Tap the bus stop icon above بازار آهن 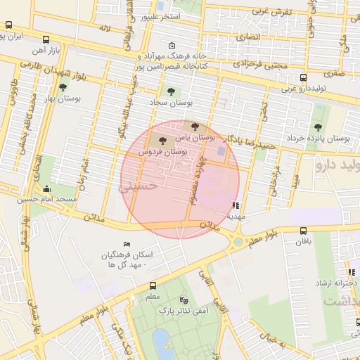point(46,40)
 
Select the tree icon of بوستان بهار point(63,88)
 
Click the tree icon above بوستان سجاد point(169,91)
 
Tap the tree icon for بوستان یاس point(195,127)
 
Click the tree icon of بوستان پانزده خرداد point(318,127)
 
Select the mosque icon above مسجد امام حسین point(46,188)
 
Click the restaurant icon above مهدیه point(235,206)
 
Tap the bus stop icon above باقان point(303,230)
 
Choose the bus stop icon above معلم point(153,285)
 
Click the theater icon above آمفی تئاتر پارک point(184,299)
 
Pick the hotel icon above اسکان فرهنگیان point(127,243)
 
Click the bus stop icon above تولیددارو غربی point(303,77)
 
